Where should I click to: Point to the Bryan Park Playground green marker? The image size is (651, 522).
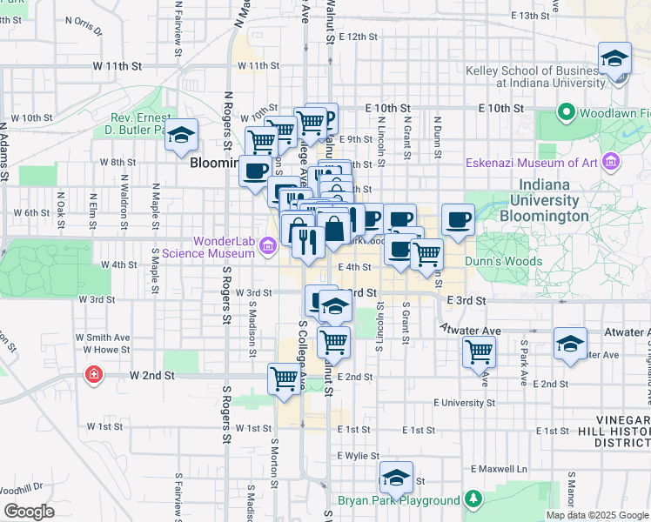(x=399, y=500)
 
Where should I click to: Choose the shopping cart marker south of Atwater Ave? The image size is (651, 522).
(x=479, y=352)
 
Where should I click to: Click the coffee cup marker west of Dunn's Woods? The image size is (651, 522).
(x=459, y=220)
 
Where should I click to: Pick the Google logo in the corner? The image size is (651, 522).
(x=28, y=512)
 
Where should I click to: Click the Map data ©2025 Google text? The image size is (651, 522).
(x=598, y=515)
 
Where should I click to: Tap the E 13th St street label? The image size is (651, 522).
(x=537, y=16)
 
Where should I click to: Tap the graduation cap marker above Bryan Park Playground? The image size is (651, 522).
(x=396, y=478)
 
